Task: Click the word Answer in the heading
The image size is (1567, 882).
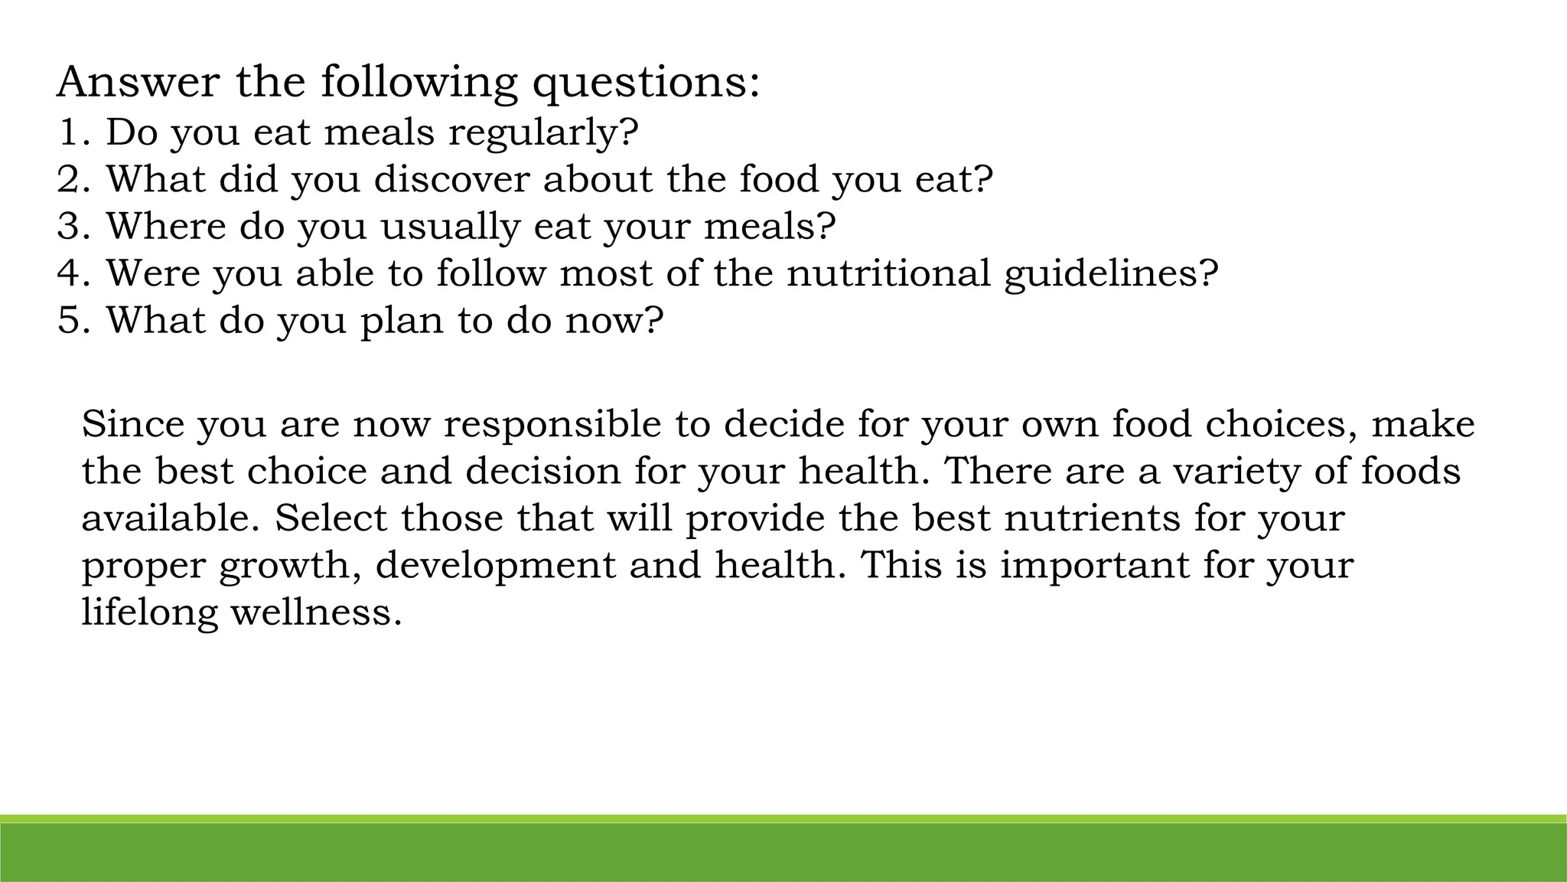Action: [138, 83]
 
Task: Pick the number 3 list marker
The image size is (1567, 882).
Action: [70, 227]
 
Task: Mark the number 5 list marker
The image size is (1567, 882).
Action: [70, 320]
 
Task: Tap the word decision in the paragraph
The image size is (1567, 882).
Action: [542, 471]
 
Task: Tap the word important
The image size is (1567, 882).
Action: [1094, 567]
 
